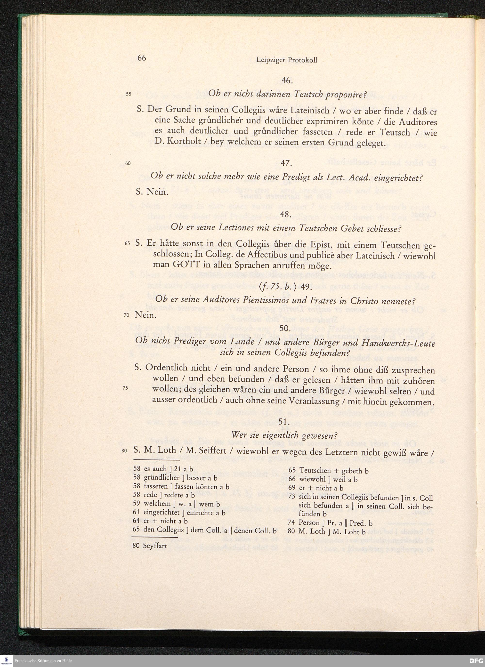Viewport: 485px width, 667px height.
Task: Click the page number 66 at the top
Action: pyautogui.click(x=141, y=58)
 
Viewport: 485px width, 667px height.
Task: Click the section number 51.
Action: pyautogui.click(x=284, y=422)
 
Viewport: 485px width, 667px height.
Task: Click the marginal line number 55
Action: pyautogui.click(x=129, y=94)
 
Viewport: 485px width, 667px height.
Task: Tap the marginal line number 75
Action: pyautogui.click(x=126, y=388)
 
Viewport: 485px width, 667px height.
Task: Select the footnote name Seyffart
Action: pyautogui.click(x=155, y=546)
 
